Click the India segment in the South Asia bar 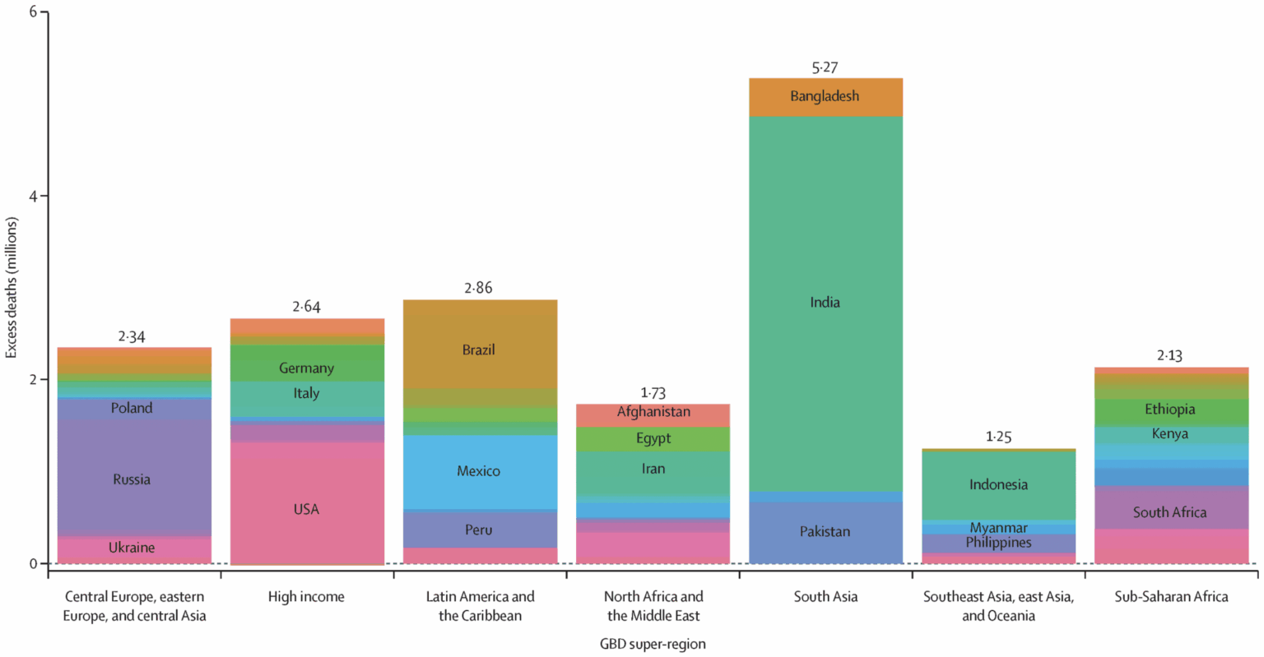[825, 303]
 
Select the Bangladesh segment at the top [825, 96]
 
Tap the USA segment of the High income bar [306, 510]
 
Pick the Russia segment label [132, 479]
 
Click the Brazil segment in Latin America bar [478, 350]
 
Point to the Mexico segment [478, 471]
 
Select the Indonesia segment [998, 484]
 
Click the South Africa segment [1169, 512]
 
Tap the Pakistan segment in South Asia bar [825, 532]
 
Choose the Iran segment [653, 469]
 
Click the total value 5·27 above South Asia [825, 67]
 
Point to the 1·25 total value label [998, 437]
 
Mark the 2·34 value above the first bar [132, 336]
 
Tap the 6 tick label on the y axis [33, 12]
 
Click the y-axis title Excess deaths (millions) [12, 288]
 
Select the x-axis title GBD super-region [653, 644]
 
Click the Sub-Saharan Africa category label [1171, 597]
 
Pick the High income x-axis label [306, 597]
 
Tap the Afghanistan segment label [653, 412]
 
